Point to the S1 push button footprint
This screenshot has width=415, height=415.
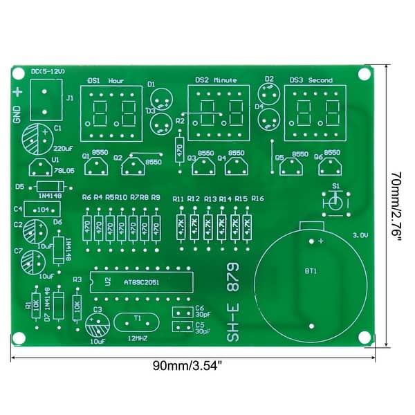[335, 202]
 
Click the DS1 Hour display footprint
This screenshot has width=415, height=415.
[111, 113]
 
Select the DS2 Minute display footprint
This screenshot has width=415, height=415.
[218, 111]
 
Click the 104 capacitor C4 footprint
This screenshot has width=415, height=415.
[43, 209]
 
